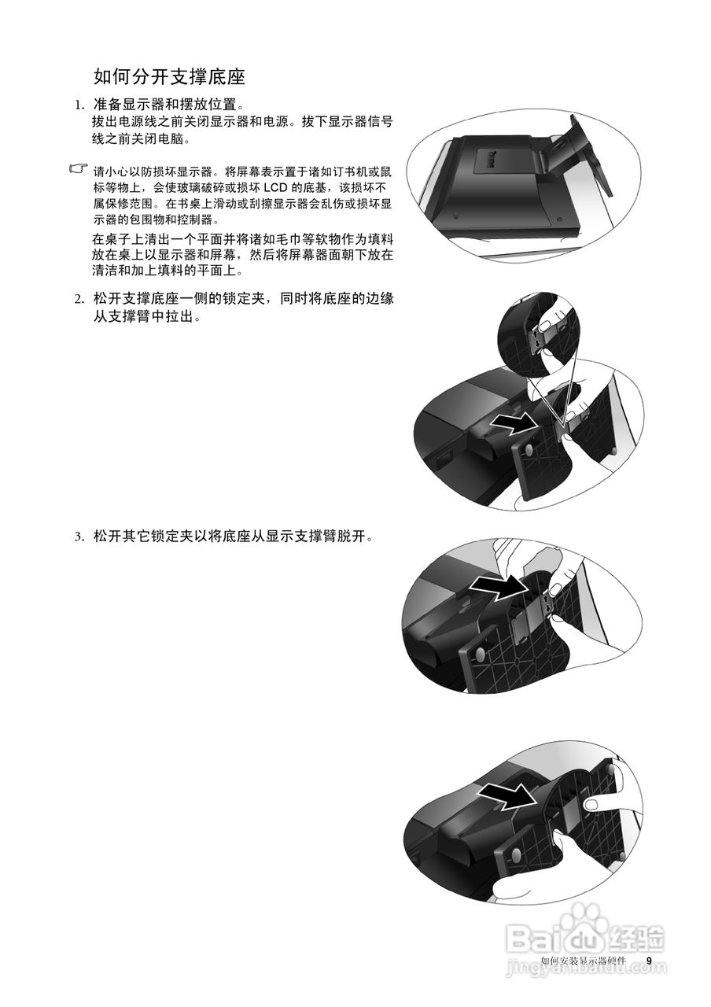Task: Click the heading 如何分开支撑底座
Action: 169,76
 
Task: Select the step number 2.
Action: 79,299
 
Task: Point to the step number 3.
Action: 79,537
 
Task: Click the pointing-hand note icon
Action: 79,169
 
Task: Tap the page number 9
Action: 649,961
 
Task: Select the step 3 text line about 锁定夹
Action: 232,537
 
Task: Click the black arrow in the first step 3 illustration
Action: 499,586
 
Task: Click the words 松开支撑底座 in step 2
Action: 133,299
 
